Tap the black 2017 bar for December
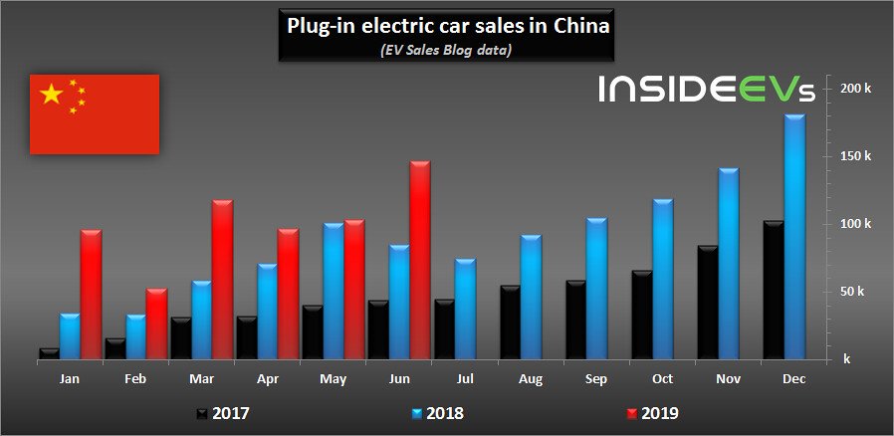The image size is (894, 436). click(773, 290)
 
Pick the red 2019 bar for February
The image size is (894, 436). click(156, 325)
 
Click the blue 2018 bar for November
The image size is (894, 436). click(729, 264)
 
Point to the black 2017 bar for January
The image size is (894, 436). click(49, 353)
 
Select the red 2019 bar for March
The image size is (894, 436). click(222, 280)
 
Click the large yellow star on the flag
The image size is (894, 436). click(51, 95)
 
